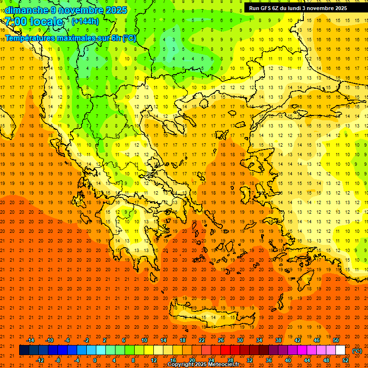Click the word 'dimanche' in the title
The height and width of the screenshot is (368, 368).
(x=26, y=10)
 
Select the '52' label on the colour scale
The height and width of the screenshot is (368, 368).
(x=345, y=360)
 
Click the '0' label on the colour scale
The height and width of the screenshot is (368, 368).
(x=95, y=360)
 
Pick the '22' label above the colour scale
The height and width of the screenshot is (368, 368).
(x=202, y=340)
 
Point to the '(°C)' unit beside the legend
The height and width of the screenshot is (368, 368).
(x=357, y=350)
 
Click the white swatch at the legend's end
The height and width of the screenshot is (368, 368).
(x=340, y=350)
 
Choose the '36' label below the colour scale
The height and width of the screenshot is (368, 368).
(x=268, y=360)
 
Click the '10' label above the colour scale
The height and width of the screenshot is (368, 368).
(x=144, y=340)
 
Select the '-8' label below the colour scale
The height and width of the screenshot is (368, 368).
(x=57, y=360)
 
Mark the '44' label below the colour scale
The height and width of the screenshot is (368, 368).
(x=307, y=360)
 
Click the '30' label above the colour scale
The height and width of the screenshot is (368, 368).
(x=240, y=340)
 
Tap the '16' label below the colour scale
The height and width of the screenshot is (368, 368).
(x=172, y=360)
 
